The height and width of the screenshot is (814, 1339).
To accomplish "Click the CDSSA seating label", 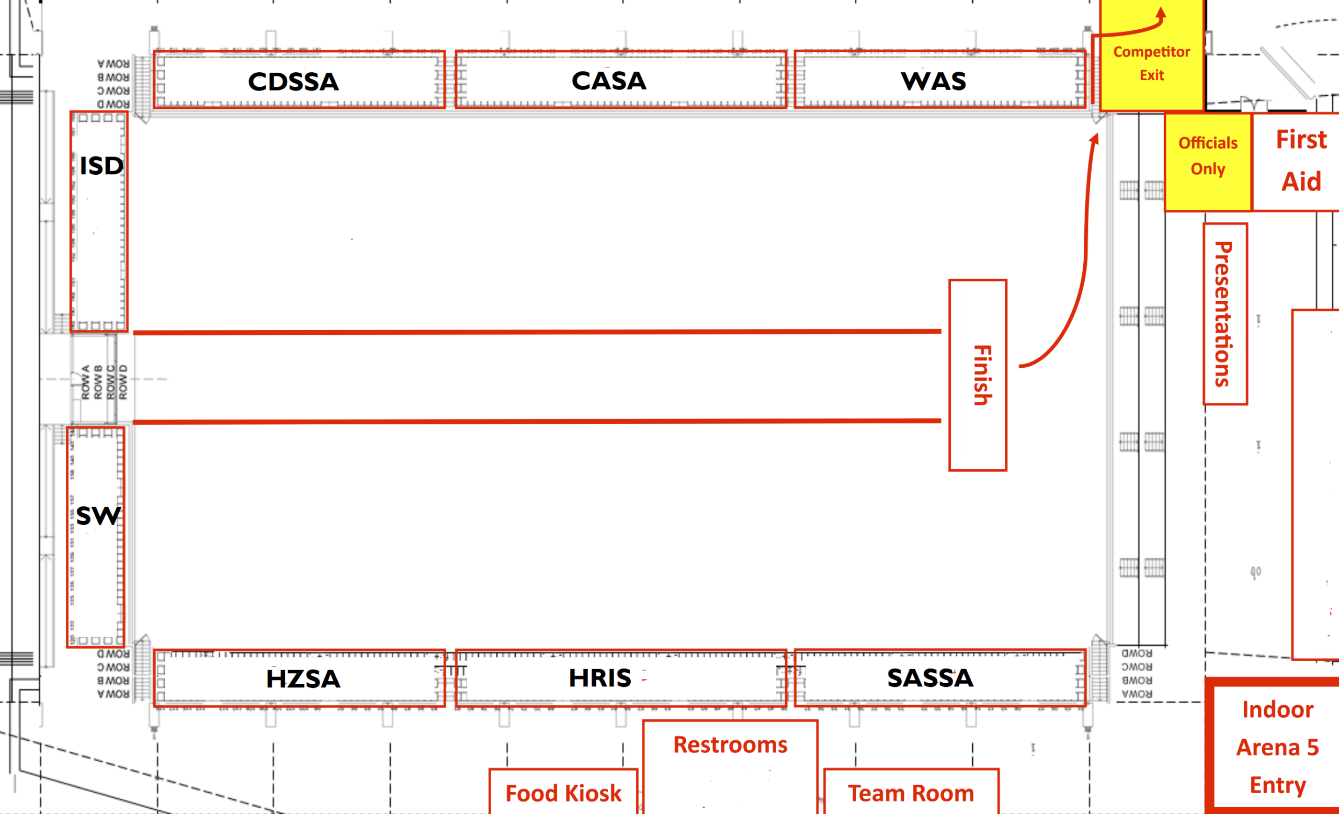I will pyautogui.click(x=293, y=82).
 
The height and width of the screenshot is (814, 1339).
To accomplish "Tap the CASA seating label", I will pyautogui.click(x=609, y=81).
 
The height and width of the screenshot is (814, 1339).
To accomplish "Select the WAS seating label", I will pyautogui.click(x=933, y=82).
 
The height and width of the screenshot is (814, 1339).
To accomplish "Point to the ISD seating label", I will pyautogui.click(x=101, y=166).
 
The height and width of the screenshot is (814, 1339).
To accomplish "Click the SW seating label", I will pyautogui.click(x=98, y=515).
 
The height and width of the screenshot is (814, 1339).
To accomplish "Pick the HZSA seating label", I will pyautogui.click(x=303, y=679).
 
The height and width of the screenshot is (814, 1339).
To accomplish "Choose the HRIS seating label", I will pyautogui.click(x=600, y=677).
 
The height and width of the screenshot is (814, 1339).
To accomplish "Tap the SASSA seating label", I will pyautogui.click(x=930, y=677).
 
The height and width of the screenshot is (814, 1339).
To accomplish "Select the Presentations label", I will pyautogui.click(x=1223, y=314).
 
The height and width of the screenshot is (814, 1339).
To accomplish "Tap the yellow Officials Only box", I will pyautogui.click(x=1208, y=156).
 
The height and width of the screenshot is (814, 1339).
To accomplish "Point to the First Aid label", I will pyautogui.click(x=1300, y=160).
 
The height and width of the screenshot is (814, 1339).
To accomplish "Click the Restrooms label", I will pyautogui.click(x=730, y=744).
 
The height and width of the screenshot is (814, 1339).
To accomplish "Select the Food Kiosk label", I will pyautogui.click(x=563, y=793).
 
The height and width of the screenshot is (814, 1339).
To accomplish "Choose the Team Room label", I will pyautogui.click(x=911, y=793).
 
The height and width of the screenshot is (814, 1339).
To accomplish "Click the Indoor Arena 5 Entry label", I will pyautogui.click(x=1277, y=747).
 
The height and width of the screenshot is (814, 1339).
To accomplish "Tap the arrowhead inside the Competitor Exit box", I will pyautogui.click(x=1161, y=14).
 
